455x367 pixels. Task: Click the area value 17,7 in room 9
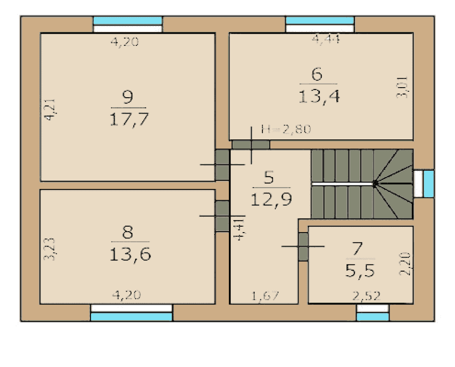point(129,119)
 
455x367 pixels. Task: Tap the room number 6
point(317,74)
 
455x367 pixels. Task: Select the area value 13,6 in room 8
point(130,255)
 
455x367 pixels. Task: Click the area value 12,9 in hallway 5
point(271,200)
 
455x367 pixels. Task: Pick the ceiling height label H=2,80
point(286,129)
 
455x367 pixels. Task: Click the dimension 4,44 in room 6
point(326,39)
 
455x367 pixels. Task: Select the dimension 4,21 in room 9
point(49,109)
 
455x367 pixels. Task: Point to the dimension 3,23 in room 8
point(49,249)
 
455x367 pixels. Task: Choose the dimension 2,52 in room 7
point(366,296)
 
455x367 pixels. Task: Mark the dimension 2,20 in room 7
point(405,263)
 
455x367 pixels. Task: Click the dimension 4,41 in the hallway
point(239,229)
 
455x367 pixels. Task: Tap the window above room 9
point(128,25)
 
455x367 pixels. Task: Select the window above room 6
point(320,25)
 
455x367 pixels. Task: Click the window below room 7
point(373,312)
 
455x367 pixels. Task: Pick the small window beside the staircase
point(424,184)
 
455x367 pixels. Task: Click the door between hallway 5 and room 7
point(303,247)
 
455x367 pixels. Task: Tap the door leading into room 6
point(251,144)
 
